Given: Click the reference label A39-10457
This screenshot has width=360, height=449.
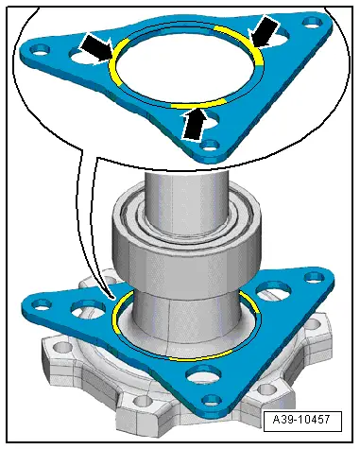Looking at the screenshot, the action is [x=301, y=420].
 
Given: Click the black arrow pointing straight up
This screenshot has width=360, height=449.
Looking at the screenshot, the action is [x=195, y=124].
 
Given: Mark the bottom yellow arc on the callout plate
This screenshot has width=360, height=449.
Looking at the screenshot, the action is [x=198, y=104].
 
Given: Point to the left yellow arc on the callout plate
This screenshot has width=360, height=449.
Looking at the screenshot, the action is [x=115, y=60].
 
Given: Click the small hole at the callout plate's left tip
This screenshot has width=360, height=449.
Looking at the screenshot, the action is [x=40, y=50].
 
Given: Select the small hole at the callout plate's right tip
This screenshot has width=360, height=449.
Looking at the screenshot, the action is [x=313, y=22].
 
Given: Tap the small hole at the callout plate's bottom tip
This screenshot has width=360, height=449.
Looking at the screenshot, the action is [x=210, y=146].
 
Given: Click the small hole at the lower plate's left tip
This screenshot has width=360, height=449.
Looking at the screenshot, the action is [x=41, y=304].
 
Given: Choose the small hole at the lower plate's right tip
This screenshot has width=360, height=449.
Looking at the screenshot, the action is [x=315, y=278].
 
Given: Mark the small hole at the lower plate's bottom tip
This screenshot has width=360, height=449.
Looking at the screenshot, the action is [x=212, y=400].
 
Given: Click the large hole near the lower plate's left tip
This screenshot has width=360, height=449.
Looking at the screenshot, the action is [x=88, y=308].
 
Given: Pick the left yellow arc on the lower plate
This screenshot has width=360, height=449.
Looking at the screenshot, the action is [x=116, y=315].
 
